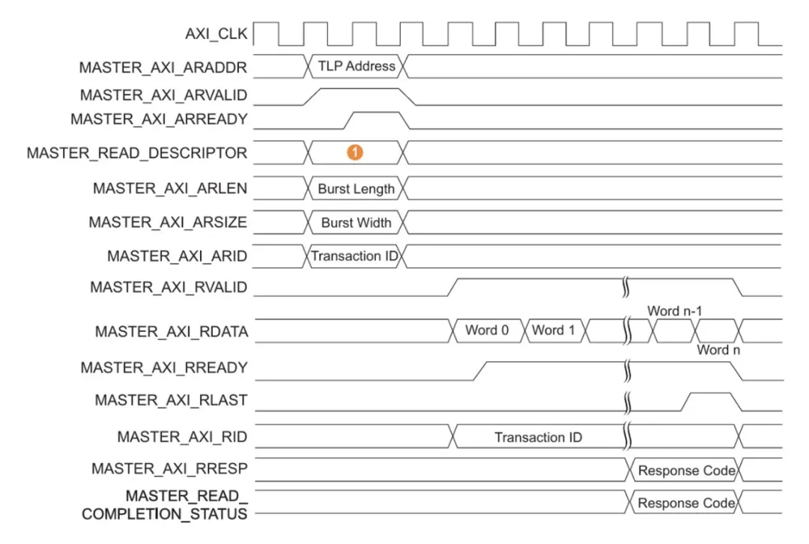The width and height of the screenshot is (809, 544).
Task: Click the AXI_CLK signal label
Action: click(216, 34)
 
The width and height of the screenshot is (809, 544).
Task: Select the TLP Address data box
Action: click(357, 66)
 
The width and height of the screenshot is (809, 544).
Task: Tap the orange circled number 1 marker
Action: click(355, 152)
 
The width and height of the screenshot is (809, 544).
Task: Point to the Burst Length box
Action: click(357, 189)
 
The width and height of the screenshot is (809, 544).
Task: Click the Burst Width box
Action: click(357, 223)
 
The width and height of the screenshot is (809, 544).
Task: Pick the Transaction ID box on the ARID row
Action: click(356, 256)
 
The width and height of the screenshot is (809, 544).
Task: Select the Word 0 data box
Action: click(487, 330)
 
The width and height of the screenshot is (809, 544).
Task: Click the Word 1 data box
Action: click(553, 330)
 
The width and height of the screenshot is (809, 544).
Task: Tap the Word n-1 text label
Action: click(675, 310)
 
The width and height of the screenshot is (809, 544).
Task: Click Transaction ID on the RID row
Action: click(538, 438)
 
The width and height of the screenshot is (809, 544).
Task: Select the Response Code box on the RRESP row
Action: click(686, 471)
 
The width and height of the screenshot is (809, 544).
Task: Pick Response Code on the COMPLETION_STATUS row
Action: click(686, 504)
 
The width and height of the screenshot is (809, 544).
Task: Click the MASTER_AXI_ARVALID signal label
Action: click(163, 96)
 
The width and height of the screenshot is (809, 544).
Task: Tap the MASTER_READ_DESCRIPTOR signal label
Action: click(137, 153)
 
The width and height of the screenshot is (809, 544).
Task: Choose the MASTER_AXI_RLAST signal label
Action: click(171, 400)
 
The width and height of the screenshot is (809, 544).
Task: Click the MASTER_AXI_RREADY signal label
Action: click(164, 368)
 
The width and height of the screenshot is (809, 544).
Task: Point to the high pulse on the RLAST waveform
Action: click(710, 394)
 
